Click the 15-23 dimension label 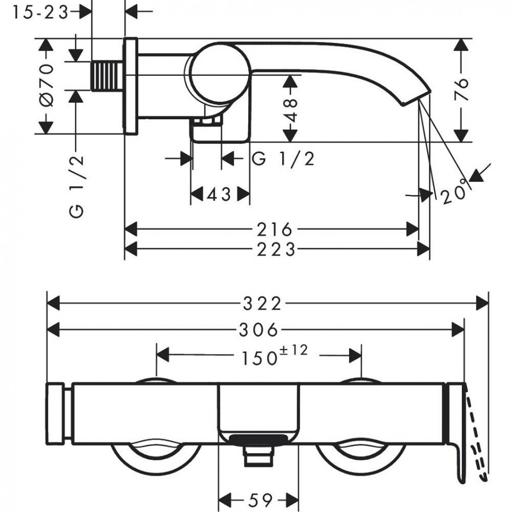tap(40, 13)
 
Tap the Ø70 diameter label tap(46, 85)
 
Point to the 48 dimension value tap(290, 110)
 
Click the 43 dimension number tap(220, 195)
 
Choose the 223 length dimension tap(276, 250)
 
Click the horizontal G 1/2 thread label tap(283, 159)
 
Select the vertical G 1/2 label tap(77, 187)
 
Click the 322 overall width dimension tap(262, 304)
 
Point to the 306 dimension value tap(259, 330)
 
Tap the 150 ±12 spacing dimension tap(275, 355)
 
